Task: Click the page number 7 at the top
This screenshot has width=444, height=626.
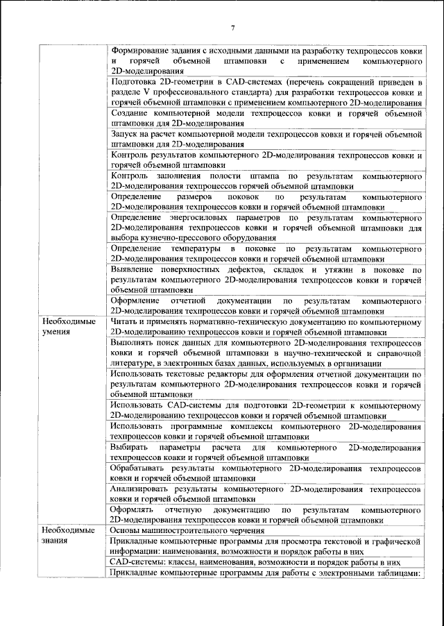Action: [233, 27]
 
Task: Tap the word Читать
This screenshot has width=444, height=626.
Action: [126, 322]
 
